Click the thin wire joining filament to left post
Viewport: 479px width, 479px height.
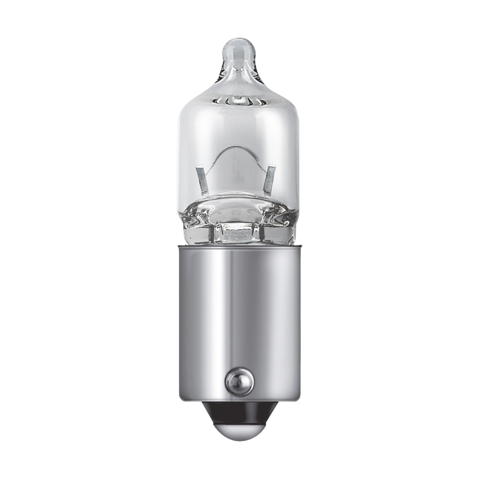click(210, 162)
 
